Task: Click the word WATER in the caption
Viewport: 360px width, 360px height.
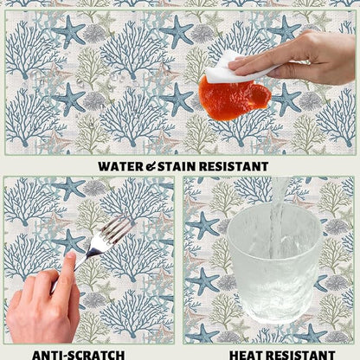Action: point(120,166)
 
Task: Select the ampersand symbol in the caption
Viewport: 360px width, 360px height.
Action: point(151,167)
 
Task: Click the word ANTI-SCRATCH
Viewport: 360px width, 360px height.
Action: point(78,355)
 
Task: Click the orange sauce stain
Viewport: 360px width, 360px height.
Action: point(235,98)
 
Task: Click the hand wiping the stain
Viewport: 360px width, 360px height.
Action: point(297,59)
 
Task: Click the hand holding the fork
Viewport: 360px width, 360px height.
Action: point(43,300)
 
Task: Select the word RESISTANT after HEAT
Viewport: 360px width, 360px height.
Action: point(300,355)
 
